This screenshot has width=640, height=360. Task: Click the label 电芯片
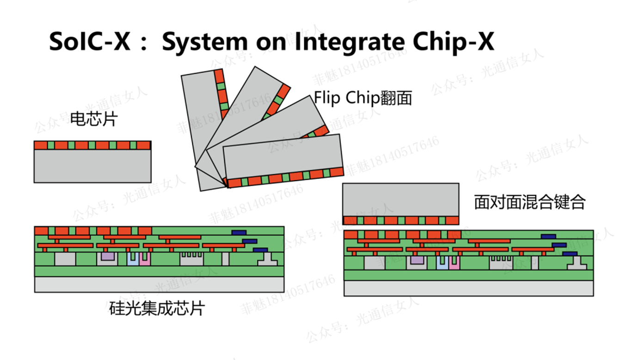94,119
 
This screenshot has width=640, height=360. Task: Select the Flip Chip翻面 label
363,98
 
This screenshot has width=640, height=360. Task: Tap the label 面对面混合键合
530,202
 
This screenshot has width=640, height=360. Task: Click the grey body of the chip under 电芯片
92,166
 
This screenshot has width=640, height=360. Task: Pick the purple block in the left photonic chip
107,256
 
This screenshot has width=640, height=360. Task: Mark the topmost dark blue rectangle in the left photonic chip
239,232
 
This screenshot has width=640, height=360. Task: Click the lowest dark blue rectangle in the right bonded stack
569,254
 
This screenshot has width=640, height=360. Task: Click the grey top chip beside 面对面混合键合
400,199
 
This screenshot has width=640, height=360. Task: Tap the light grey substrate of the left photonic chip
159,284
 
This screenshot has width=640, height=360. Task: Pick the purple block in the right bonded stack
417,260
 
